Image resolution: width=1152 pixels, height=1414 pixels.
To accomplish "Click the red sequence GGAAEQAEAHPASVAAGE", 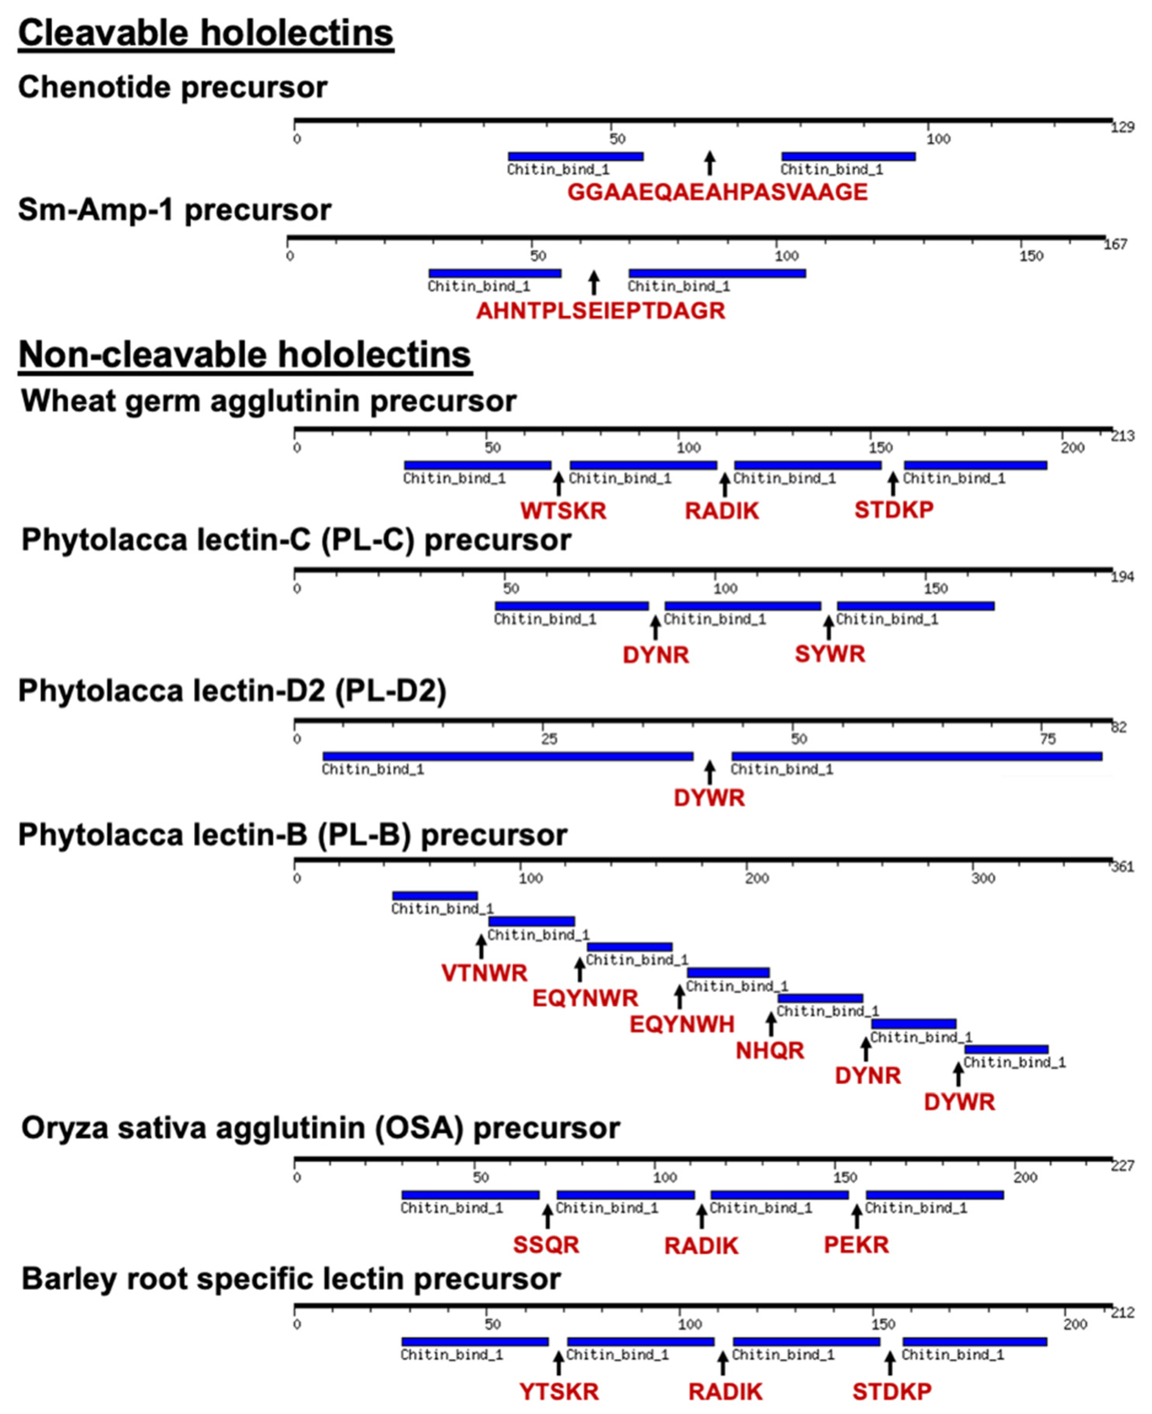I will [x=717, y=193].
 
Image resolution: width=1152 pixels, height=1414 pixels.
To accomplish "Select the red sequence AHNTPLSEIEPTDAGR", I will [x=601, y=311].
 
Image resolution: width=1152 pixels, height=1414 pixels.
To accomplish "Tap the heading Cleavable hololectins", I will [x=206, y=33].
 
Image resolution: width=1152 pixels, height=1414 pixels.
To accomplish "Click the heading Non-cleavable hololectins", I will [x=245, y=355].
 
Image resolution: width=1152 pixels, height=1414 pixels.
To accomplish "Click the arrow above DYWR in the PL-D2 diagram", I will [x=710, y=772].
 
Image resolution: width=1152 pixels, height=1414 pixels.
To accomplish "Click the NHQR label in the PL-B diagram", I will [x=770, y=1050].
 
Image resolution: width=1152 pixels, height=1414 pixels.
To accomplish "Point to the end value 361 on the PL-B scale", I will [x=1123, y=867].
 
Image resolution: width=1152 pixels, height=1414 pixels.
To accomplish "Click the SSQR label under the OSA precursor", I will [x=546, y=1244].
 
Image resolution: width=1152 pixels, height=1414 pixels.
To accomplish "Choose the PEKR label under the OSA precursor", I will [x=856, y=1244].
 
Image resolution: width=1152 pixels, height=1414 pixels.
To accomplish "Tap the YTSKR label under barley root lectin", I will [x=559, y=1392].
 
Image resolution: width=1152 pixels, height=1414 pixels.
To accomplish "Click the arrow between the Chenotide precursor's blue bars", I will [x=710, y=163].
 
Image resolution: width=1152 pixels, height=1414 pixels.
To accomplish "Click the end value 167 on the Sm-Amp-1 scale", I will [x=1115, y=245].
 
